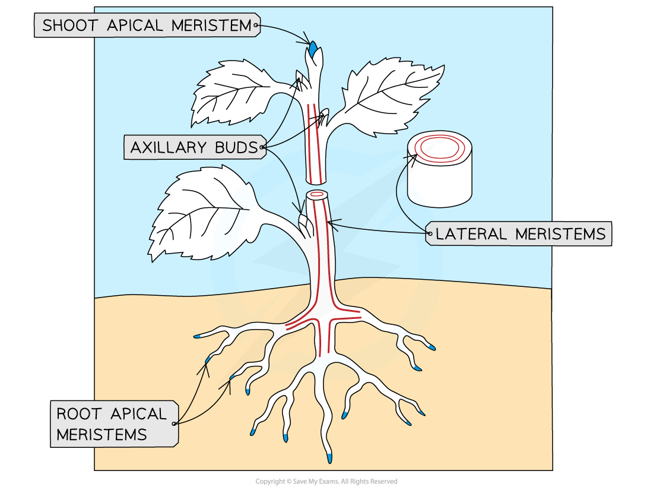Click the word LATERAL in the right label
(x=472, y=234)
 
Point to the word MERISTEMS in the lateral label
(x=560, y=234)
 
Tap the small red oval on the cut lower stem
(x=317, y=194)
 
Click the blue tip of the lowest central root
(x=329, y=458)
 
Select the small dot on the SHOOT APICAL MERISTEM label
(x=256, y=25)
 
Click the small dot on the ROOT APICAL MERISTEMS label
(x=174, y=423)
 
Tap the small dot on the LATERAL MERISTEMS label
(x=428, y=234)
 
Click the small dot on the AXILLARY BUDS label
(x=262, y=147)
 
